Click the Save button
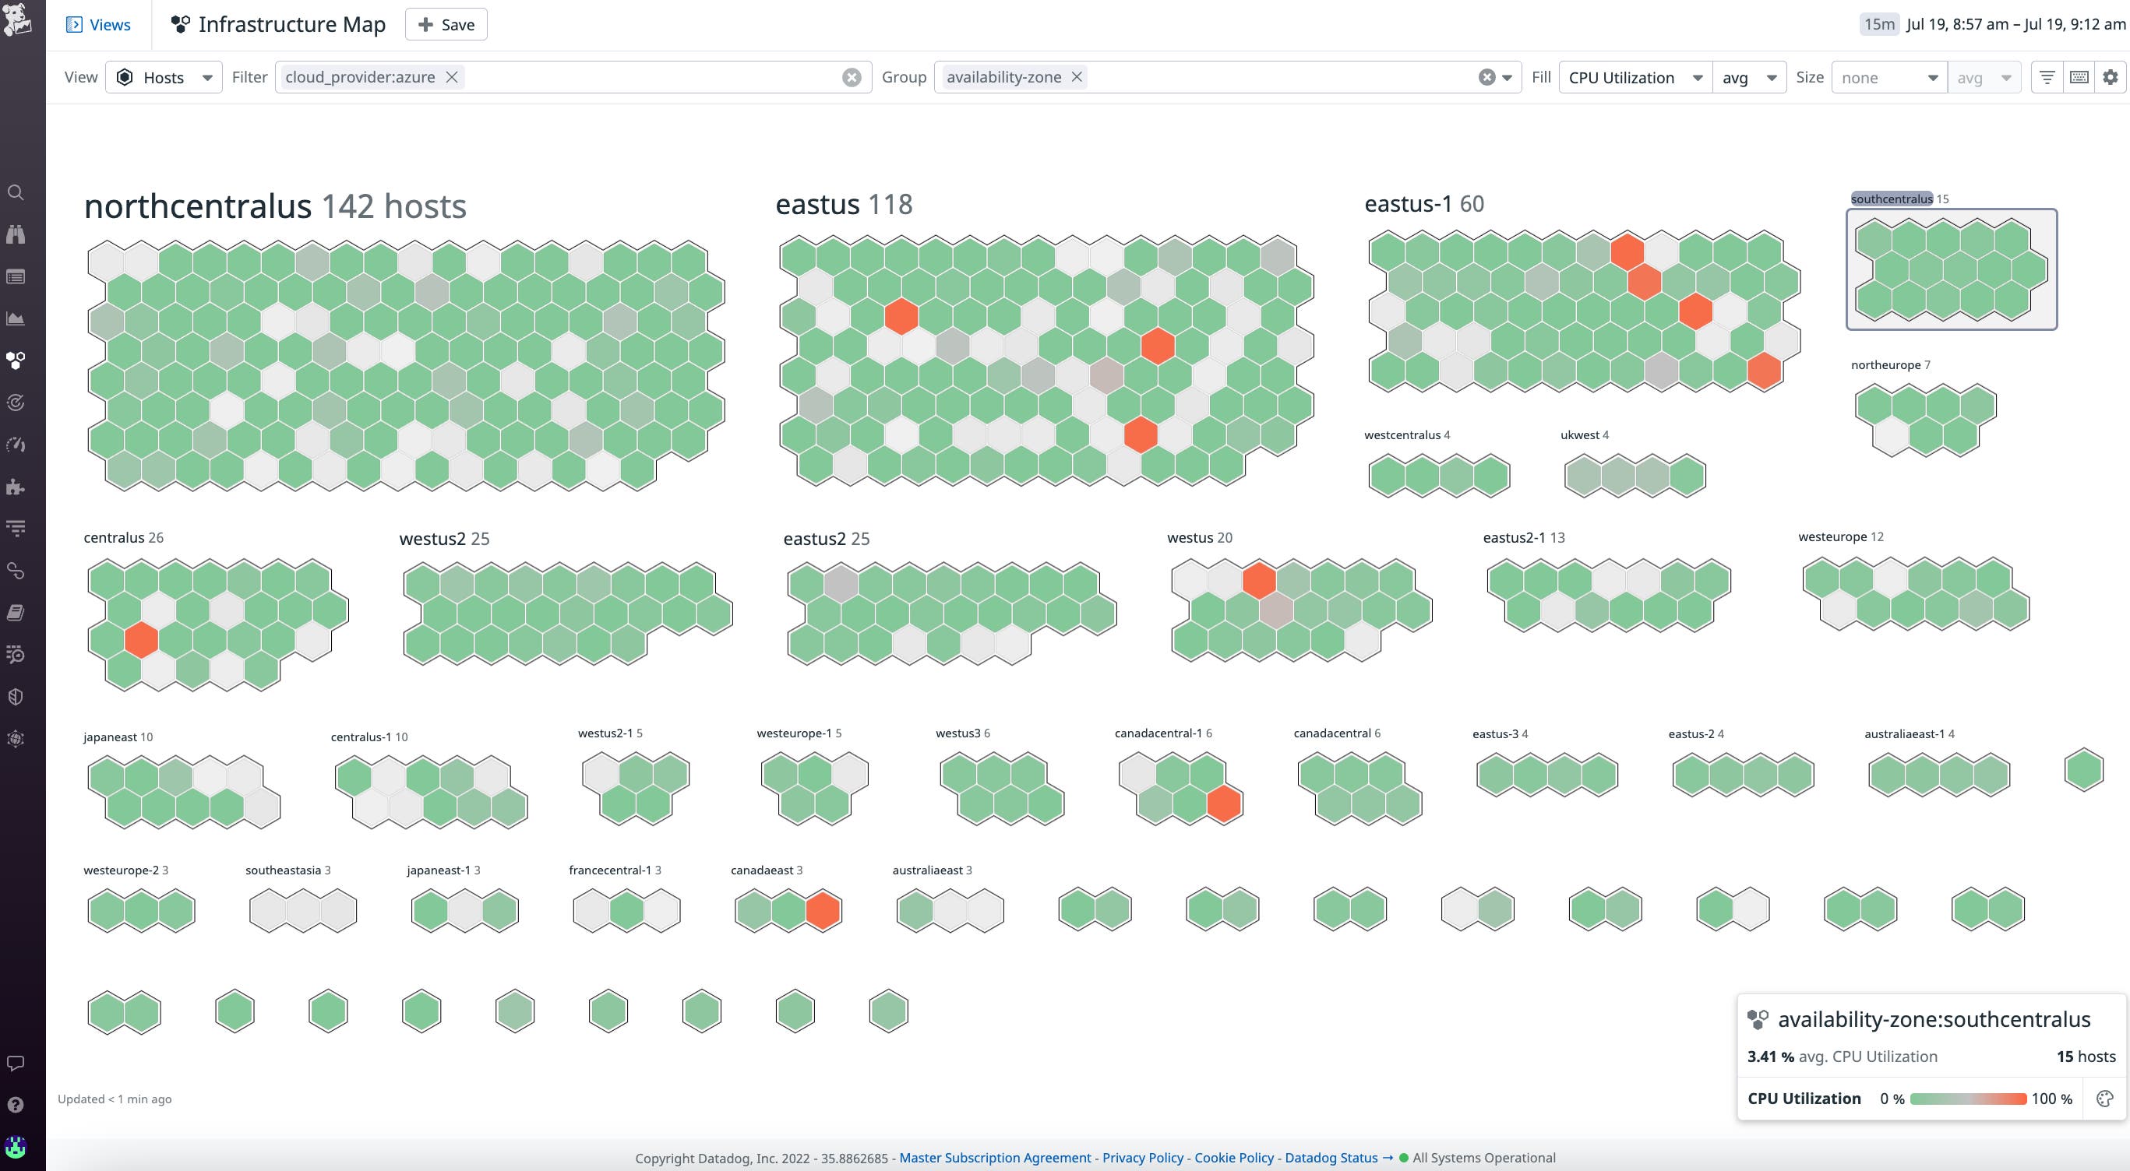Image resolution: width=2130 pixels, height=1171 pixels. pyautogui.click(x=446, y=25)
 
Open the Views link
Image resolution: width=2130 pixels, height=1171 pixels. pyautogui.click(x=98, y=25)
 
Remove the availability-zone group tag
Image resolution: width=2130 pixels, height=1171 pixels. pyautogui.click(x=1077, y=77)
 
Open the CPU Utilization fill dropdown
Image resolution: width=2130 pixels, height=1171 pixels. pyautogui.click(x=1635, y=78)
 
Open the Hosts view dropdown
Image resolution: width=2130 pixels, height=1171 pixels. pyautogui.click(x=164, y=78)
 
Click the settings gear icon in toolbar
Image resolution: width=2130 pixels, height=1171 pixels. pyautogui.click(x=2111, y=77)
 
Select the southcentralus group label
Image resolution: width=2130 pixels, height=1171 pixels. pyautogui.click(x=1891, y=199)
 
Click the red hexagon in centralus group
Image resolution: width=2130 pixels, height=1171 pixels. pyautogui.click(x=141, y=640)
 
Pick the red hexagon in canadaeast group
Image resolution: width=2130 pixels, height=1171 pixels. pyautogui.click(x=823, y=911)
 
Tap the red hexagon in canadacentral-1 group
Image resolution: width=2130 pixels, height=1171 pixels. pyautogui.click(x=1224, y=804)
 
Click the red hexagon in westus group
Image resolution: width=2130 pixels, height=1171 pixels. pyautogui.click(x=1258, y=580)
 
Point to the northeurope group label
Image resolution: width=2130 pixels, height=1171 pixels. pyautogui.click(x=1885, y=365)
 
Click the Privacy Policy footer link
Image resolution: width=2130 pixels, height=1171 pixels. pyautogui.click(x=1143, y=1158)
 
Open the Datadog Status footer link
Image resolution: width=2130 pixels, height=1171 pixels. pyautogui.click(x=1331, y=1158)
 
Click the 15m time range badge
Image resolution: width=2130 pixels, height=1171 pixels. pyautogui.click(x=1878, y=24)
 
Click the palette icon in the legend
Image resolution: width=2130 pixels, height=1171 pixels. pyautogui.click(x=2105, y=1099)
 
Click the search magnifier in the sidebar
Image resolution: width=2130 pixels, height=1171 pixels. pyautogui.click(x=16, y=192)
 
